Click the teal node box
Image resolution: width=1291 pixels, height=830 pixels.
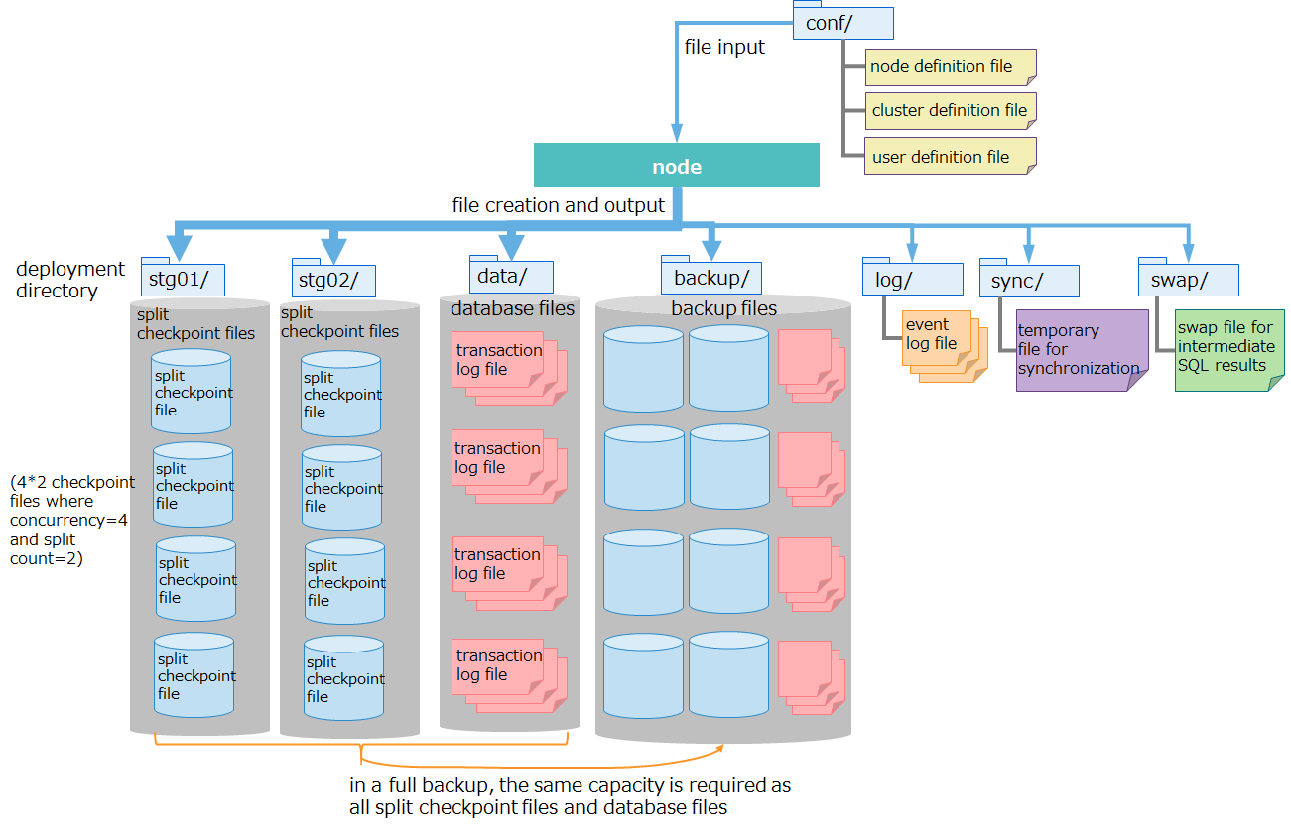pos(676,166)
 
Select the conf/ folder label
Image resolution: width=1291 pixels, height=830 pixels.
pos(843,24)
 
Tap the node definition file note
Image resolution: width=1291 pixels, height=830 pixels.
pos(950,67)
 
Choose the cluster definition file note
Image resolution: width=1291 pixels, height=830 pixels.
pos(950,110)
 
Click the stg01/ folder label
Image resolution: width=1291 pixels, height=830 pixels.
pos(183,280)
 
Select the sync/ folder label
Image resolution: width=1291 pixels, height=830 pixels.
pos(1029,281)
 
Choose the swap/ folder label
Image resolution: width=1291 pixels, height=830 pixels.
pos(1188,281)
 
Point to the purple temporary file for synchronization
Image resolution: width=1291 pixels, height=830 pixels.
pos(1079,350)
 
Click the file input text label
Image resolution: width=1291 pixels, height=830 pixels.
pos(724,47)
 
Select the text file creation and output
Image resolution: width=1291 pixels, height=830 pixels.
pos(558,205)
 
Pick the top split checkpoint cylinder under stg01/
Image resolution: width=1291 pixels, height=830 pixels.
pos(192,391)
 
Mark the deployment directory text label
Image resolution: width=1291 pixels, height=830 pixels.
pos(70,280)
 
